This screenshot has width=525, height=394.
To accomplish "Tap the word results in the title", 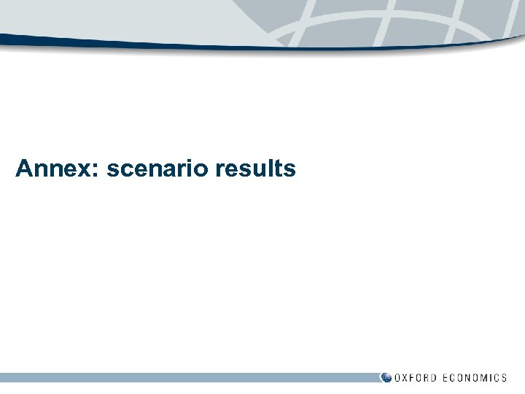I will coord(256,169).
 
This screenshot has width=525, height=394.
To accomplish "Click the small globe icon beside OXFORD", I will coord(386,377).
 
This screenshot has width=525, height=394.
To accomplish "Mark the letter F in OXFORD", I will coord(416,378).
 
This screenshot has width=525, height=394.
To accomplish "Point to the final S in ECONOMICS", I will coord(503,378).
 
